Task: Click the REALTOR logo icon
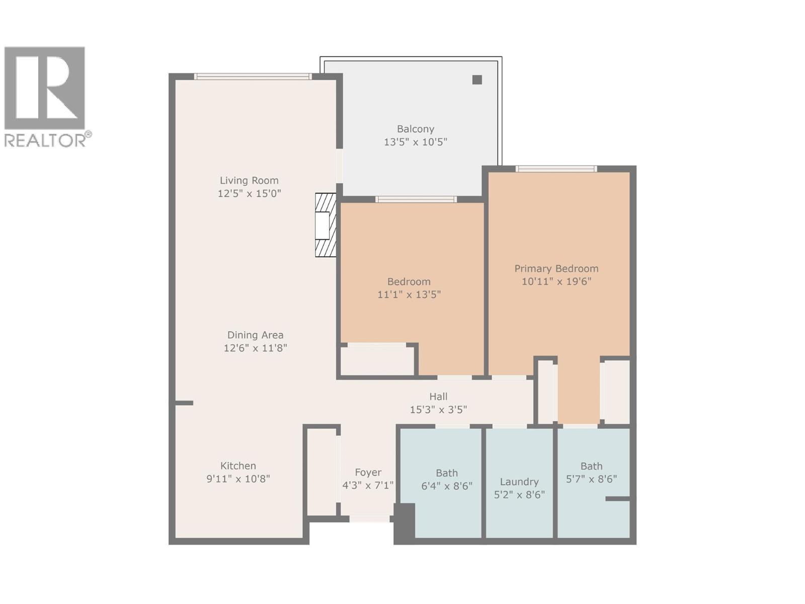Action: pos(45,88)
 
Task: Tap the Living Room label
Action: pos(249,181)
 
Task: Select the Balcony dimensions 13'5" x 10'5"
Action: pos(415,142)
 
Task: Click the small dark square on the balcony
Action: pos(477,80)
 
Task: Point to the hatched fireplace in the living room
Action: pos(326,225)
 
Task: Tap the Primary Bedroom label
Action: pos(556,269)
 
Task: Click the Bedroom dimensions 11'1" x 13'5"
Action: pos(409,294)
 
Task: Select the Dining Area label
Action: pos(255,335)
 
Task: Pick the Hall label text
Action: pos(438,397)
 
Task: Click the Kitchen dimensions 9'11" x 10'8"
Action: pos(238,479)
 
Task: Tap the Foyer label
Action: pos(368,473)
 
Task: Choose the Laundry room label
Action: pos(519,482)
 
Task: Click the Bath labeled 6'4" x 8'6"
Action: pos(446,480)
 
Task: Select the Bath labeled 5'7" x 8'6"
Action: pos(591,473)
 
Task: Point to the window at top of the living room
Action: pos(253,77)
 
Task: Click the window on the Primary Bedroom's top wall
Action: pos(556,169)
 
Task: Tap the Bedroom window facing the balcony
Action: pos(416,200)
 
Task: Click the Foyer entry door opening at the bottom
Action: pos(369,519)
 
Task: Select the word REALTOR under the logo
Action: pos(45,140)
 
